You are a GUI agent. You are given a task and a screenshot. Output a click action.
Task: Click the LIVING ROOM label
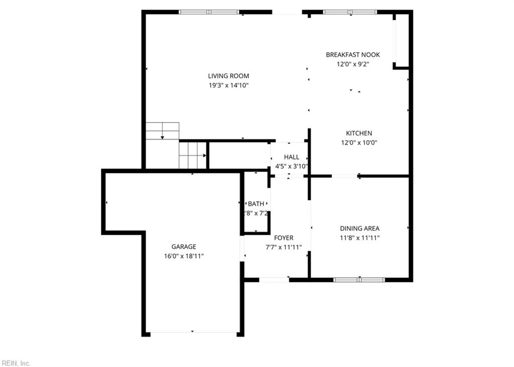point(228,76)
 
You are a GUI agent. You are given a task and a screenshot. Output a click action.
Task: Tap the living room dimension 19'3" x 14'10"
point(228,85)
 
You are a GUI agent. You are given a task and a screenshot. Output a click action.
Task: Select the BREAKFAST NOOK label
point(353,55)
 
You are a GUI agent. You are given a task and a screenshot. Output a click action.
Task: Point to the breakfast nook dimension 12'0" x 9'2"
point(353,64)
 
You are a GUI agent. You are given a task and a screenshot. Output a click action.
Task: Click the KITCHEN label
point(359,133)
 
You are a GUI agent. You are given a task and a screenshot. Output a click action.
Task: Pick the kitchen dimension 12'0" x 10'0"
point(359,142)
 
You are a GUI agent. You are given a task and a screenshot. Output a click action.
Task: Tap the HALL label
point(292,157)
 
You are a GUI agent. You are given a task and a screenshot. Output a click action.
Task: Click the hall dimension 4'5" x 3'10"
point(292,166)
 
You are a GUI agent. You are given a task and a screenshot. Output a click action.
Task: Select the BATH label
point(256,204)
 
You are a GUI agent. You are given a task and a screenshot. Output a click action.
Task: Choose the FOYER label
point(284,238)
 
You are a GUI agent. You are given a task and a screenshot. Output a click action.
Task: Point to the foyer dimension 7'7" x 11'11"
point(284,247)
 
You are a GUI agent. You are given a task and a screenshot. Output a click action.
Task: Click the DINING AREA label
point(359,228)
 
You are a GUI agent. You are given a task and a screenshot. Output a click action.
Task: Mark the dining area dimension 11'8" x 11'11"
point(359,237)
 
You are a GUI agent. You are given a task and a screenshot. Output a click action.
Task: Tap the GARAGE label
point(184,247)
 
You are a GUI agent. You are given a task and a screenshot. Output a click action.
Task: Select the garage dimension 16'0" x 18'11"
point(184,256)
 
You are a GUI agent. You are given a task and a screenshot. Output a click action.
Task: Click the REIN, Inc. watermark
point(17,363)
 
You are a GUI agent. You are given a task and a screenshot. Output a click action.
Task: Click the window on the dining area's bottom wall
point(359,280)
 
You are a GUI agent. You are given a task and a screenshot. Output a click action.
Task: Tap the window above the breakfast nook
point(350,12)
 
